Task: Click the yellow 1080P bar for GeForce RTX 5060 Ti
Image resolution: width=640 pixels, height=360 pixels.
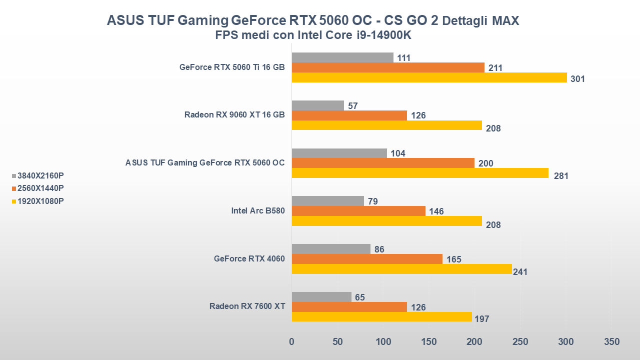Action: point(429,78)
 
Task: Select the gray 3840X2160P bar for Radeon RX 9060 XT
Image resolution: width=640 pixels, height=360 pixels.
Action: point(317,105)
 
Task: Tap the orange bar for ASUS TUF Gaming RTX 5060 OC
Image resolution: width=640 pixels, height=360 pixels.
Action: point(383,163)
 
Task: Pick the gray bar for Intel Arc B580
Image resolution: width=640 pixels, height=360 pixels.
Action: point(327,201)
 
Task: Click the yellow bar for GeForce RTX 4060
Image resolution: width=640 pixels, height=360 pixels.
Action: point(401,269)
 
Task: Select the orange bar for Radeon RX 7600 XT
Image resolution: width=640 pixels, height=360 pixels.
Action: point(349,307)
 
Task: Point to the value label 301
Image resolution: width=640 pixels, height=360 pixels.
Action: point(577,79)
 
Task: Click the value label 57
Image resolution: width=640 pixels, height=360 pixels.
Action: point(352,106)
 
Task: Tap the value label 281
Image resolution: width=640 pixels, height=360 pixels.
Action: point(561,176)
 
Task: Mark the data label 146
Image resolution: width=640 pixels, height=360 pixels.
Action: point(436,211)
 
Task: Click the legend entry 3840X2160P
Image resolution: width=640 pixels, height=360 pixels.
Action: point(40,175)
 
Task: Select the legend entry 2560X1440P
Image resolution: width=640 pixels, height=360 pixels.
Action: point(40,188)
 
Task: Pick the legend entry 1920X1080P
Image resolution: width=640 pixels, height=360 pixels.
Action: point(40,201)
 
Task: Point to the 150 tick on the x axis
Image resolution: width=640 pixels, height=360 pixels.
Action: point(429,342)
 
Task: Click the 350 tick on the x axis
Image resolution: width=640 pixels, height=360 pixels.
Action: point(611,342)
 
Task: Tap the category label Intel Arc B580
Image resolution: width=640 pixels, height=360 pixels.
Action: point(258,211)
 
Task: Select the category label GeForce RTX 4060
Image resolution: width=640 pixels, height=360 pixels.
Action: point(249,259)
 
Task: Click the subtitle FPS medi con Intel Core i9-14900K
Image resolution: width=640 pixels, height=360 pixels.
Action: point(313,35)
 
